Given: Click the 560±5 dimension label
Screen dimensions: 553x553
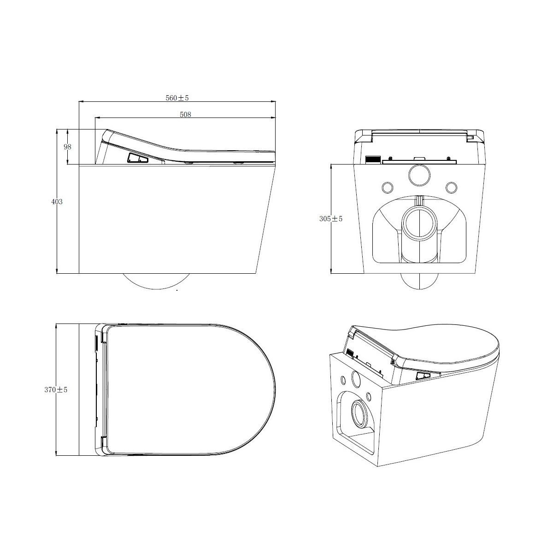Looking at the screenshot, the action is pos(177,98).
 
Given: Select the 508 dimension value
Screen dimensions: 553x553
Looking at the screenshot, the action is pos(185,114).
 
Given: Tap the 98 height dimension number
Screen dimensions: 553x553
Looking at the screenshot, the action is pos(67,147).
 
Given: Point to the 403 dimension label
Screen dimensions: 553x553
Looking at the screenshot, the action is pos(57,202).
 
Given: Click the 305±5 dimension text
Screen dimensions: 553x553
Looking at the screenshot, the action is pos(331,219).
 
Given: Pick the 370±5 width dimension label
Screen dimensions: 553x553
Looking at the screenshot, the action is pos(56,390).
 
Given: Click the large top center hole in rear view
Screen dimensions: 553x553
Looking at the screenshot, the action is pos(419,175).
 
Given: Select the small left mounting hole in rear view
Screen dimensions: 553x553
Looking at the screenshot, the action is pos(388,188).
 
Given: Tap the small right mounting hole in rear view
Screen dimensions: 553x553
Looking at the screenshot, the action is pos(452,188).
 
